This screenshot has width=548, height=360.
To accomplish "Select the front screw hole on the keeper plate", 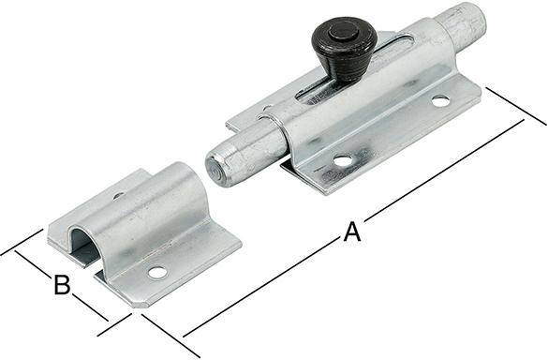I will pos(156,273).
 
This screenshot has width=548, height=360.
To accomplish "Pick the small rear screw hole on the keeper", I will pos(118,197).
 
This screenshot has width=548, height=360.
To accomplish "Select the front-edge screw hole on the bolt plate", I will pos(343,160).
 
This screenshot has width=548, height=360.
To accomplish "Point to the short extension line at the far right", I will pos(514,106).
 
